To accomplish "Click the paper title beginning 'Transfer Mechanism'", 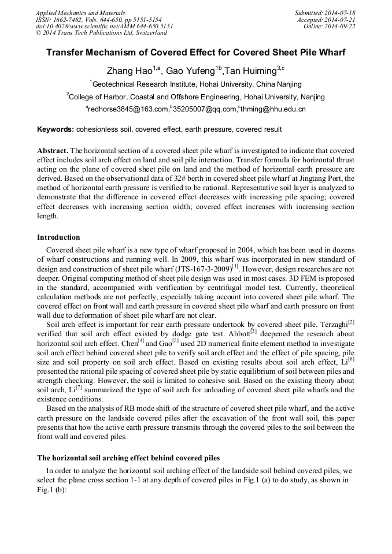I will click(195, 53).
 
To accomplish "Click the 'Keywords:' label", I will click(56, 129).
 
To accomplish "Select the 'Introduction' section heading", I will click(58, 237).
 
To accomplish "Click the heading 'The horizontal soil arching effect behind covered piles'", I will click(128, 458).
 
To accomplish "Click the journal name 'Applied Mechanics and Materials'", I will click(80, 13).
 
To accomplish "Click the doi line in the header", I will click(104, 26).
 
